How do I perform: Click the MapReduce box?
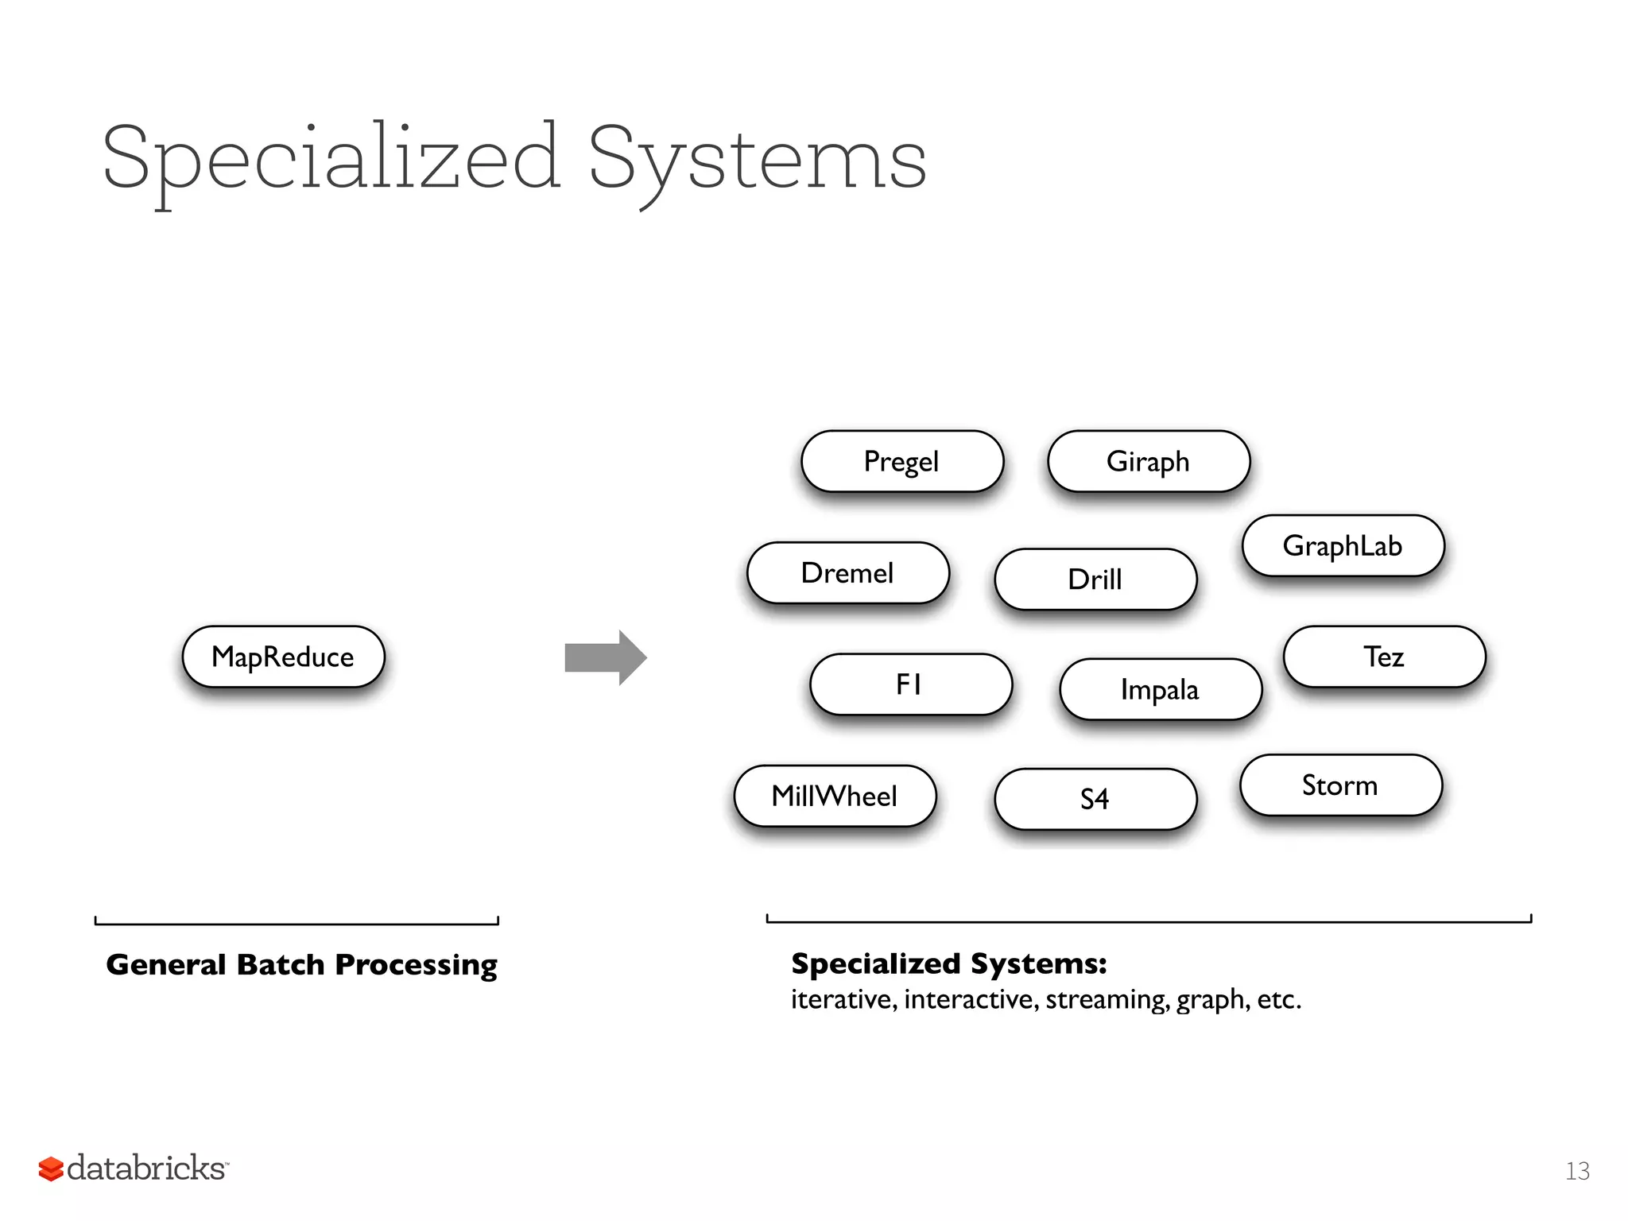(283, 657)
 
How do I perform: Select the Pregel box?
(902, 461)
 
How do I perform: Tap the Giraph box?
(1149, 461)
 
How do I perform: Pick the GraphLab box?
(1343, 545)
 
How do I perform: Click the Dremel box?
(848, 572)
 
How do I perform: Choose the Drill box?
(1095, 579)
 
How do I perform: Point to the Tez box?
(1384, 657)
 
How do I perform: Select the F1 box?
(911, 684)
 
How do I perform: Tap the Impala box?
(1161, 689)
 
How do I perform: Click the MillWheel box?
(835, 796)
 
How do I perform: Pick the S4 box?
(1095, 799)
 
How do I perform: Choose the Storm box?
(1340, 785)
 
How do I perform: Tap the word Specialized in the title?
(331, 159)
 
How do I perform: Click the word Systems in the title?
(757, 159)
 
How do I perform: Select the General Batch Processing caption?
(301, 964)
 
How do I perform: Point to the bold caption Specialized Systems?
(949, 963)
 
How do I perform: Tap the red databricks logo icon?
(51, 1169)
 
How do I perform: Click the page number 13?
(1577, 1171)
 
